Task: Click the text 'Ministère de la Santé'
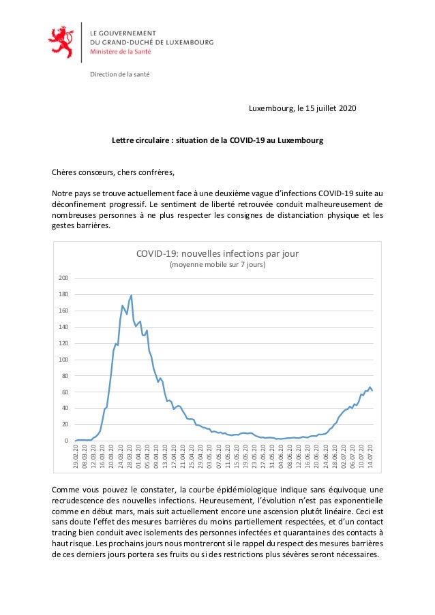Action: [118, 50]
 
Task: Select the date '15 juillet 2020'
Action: [327, 109]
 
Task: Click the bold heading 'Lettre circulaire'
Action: [141, 141]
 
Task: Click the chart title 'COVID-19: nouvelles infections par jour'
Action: [217, 253]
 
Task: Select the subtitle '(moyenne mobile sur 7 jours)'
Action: [217, 265]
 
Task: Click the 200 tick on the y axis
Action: [63, 278]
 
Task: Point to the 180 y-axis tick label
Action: [63, 294]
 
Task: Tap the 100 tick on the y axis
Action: [63, 360]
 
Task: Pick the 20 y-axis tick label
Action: [65, 424]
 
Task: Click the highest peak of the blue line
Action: [131, 296]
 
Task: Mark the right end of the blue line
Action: [372, 391]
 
